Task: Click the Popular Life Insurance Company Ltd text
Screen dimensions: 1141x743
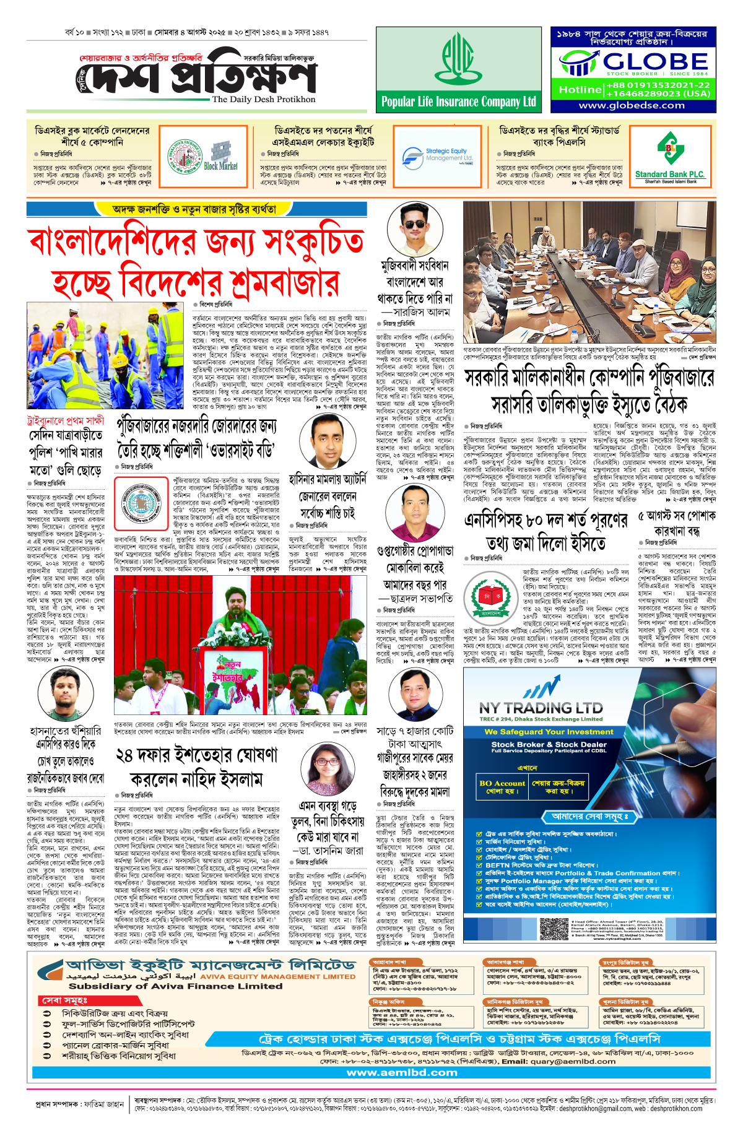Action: (x=459, y=102)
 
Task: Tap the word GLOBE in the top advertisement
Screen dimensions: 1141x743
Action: (x=655, y=61)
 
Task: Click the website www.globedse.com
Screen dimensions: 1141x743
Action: (x=632, y=105)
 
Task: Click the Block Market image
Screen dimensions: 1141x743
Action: (x=220, y=156)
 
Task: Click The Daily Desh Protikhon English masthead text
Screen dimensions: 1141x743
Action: (x=263, y=99)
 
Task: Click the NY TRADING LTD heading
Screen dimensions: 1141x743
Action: (x=541, y=708)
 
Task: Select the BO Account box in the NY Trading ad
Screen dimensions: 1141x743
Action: (x=502, y=787)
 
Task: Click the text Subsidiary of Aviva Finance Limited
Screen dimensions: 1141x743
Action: (x=175, y=986)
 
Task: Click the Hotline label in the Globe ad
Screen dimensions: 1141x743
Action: (x=580, y=90)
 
